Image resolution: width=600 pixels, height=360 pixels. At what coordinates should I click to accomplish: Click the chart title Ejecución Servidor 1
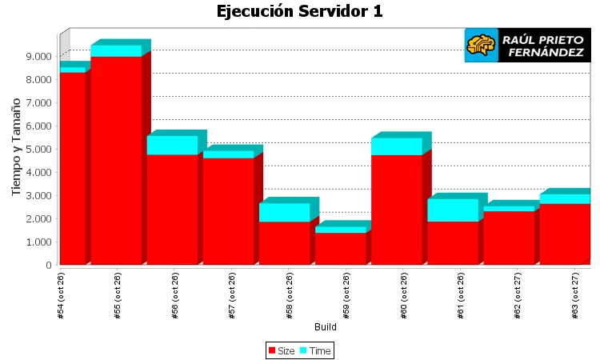click(x=300, y=11)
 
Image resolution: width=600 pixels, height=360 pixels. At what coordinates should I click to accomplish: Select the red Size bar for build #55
click(x=116, y=160)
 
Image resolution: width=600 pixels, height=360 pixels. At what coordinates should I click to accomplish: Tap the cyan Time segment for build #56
click(x=172, y=145)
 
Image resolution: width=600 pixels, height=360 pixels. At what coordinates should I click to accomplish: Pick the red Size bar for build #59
click(x=340, y=248)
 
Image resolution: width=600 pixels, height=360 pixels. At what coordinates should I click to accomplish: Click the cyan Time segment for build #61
click(x=453, y=210)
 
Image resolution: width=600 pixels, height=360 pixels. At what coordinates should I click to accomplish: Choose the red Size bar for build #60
click(x=396, y=210)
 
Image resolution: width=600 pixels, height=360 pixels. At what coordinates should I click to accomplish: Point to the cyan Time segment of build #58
click(x=284, y=212)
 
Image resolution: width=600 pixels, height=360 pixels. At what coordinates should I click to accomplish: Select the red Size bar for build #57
click(x=228, y=211)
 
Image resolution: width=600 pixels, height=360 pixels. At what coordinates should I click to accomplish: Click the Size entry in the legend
click(x=282, y=351)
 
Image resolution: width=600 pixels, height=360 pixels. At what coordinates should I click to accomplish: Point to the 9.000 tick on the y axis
click(x=38, y=56)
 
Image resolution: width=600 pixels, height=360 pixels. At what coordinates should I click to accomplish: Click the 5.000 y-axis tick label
click(x=38, y=149)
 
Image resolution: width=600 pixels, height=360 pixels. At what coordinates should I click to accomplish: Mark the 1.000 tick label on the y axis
click(x=38, y=242)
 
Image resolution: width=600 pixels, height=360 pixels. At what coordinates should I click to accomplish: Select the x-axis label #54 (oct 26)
click(x=62, y=296)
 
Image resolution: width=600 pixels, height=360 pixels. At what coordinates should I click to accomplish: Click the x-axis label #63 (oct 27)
click(x=575, y=296)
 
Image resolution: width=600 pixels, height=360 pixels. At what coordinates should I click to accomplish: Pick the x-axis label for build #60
click(x=404, y=296)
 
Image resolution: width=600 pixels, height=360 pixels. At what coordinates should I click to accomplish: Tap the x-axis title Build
click(x=325, y=327)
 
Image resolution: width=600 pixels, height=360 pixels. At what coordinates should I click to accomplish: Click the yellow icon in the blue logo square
click(x=481, y=45)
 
